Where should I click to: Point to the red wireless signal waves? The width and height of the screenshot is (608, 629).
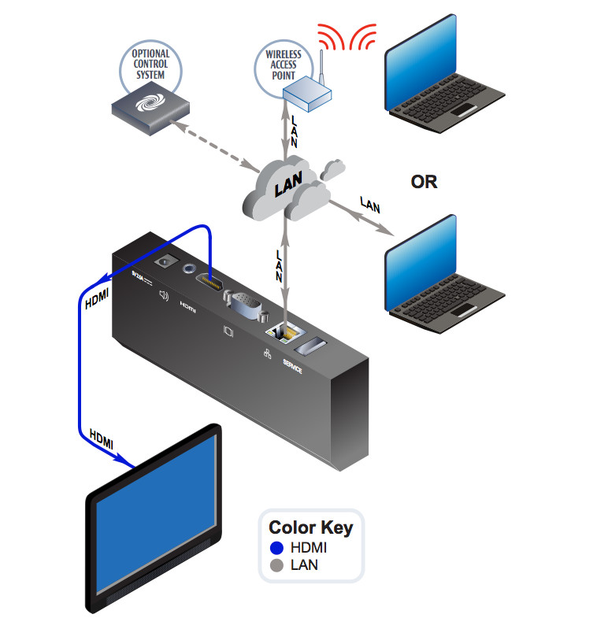pos(347,36)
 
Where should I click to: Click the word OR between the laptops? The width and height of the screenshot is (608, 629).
pos(424,182)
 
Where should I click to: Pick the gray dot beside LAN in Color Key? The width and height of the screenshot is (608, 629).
pos(276,564)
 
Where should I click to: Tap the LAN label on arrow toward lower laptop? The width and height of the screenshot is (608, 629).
pos(370,205)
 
